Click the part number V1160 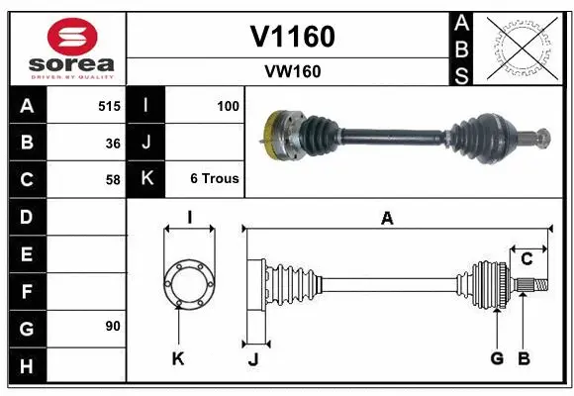[292, 37]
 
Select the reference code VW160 [292, 71]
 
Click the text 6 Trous [215, 179]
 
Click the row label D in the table [27, 217]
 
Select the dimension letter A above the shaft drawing [387, 219]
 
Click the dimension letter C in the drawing [526, 258]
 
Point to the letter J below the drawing [253, 359]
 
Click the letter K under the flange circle [178, 359]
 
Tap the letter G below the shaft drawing [497, 358]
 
